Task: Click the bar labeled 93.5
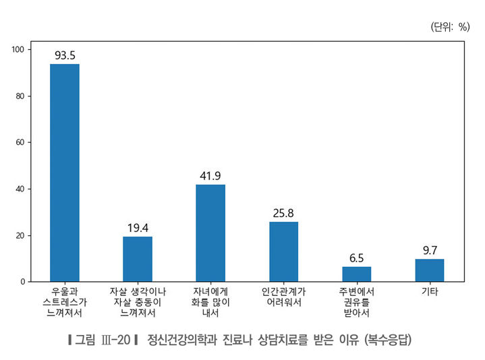coord(65,172)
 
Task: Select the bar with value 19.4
coord(138,259)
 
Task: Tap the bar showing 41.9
coord(210,233)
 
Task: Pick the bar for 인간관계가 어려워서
coord(283,251)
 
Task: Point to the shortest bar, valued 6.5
coord(356,274)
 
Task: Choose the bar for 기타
coord(430,270)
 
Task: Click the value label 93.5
coord(65,55)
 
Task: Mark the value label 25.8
coord(283,213)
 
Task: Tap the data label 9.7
coord(430,251)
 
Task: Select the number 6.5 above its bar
coord(356,258)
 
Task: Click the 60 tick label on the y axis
coord(20,142)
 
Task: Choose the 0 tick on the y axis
coord(22,281)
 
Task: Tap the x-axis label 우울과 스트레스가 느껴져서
coord(65,302)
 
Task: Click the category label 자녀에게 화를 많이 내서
coord(210,302)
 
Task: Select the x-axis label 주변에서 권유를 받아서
coord(356,302)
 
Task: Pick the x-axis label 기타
coord(430,291)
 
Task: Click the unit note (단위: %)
coord(449,26)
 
